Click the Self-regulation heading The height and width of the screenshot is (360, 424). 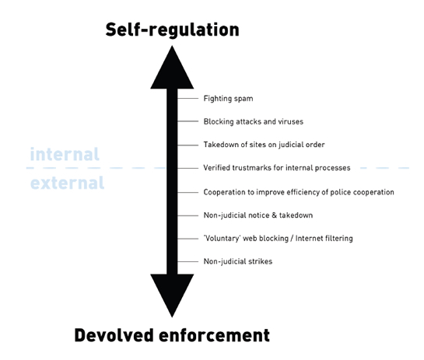172,30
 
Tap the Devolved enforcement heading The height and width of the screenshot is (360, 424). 172,335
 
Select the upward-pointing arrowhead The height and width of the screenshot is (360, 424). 172,68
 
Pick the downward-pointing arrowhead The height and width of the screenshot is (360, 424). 172,295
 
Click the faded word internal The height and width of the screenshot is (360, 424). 65,154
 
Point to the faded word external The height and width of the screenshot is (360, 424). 67,183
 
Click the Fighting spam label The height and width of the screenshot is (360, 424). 228,99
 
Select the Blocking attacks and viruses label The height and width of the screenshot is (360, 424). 254,121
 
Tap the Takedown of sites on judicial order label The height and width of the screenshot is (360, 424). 264,145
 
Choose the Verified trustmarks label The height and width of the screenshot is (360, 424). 277,168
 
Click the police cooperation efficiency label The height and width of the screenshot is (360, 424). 299,192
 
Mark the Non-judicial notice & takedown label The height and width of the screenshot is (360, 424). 258,215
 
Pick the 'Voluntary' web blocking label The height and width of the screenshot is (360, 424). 278,239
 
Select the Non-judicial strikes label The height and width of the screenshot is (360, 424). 238,261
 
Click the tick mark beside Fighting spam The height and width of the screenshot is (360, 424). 188,99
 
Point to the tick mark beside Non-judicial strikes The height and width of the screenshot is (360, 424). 188,261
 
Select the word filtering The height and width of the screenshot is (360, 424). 339,239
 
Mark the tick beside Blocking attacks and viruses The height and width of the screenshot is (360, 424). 188,121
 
